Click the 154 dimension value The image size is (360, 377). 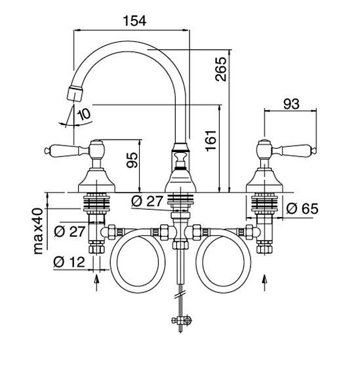134,21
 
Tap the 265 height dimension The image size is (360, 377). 221,69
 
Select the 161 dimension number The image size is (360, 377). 211,141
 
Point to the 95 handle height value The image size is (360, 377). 132,160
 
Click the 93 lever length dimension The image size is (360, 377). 291,104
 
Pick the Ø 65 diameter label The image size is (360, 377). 302,208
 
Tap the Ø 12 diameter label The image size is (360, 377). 70,262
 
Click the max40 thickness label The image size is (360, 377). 39,231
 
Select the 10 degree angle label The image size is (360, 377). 83,114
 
